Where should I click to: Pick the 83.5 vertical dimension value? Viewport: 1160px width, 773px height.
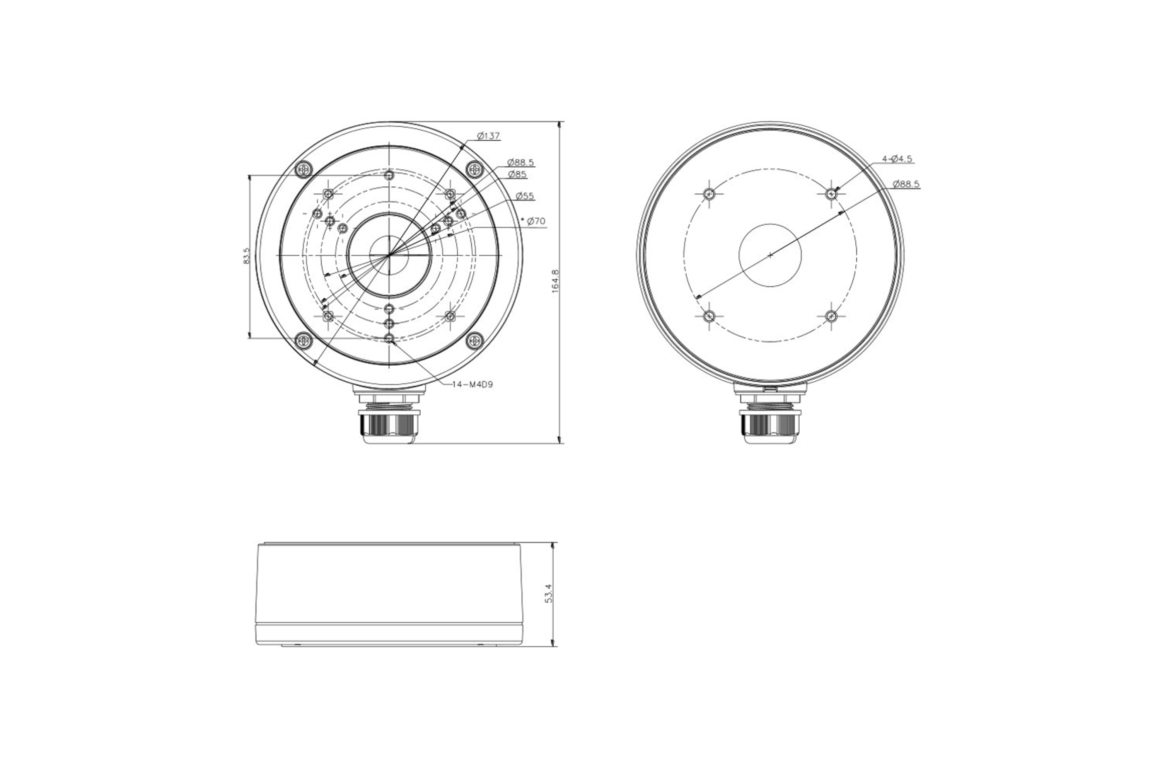click(x=247, y=256)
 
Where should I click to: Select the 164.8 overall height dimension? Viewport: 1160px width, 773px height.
click(x=555, y=282)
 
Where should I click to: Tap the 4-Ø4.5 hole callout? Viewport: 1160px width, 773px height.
click(x=897, y=159)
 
